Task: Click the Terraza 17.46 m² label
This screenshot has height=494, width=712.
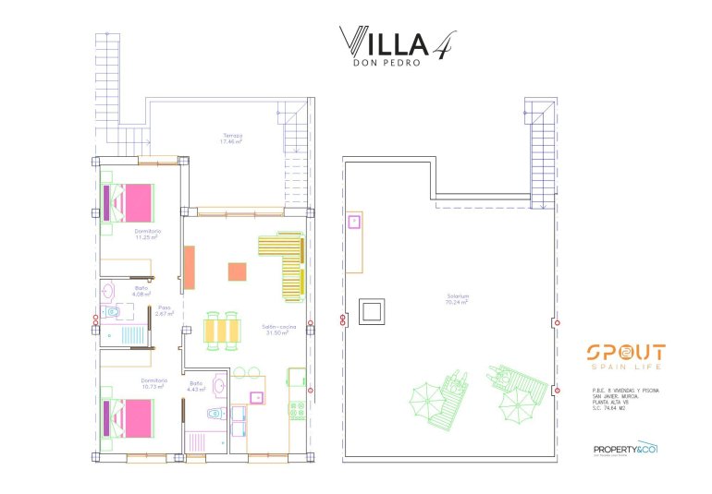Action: (x=231, y=139)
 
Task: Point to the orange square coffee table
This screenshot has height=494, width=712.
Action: (x=238, y=271)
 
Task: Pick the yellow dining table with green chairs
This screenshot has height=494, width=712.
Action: (x=223, y=329)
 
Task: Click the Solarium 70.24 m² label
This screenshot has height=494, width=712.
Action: (x=457, y=299)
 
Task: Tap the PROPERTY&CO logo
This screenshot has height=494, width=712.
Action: (x=624, y=451)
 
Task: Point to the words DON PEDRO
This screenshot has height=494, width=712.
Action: (x=387, y=63)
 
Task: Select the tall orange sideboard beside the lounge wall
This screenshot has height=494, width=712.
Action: (x=190, y=268)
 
